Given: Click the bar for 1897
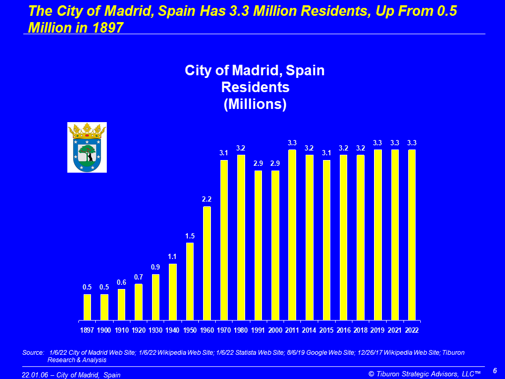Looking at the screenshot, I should pos(87,307).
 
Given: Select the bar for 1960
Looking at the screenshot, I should pos(207,263).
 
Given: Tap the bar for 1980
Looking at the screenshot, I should pos(241,237).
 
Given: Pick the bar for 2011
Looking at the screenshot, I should pos(292,235).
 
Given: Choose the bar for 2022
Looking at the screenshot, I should pos(412,235).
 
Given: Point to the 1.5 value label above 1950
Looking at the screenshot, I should pos(190,236).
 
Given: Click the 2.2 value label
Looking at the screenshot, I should pos(207,200).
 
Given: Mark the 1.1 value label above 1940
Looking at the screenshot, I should pos(173,257).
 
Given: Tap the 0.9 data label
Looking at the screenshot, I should pos(156,267).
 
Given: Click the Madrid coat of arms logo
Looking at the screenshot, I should pos(87,147).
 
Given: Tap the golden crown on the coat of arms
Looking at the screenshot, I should pos(87,129).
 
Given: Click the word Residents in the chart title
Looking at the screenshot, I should pos(255,87).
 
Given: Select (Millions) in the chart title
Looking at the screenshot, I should pos(255,104).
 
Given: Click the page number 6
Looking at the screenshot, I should pos(494,371).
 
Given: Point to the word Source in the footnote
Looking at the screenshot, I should pos(33,352).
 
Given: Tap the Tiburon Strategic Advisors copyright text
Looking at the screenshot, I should pos(425,374).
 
